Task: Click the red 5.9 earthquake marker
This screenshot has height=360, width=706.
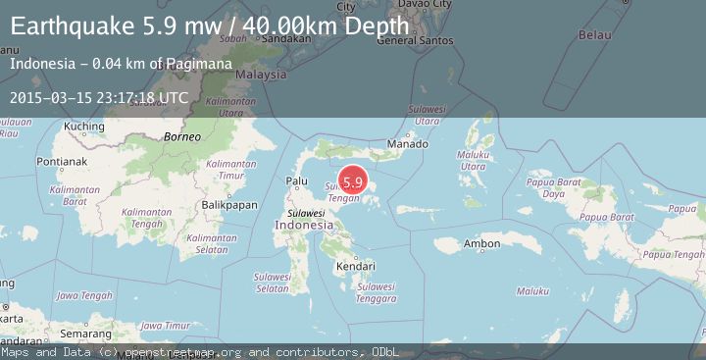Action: point(353,181)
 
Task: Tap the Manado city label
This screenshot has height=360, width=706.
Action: point(408,144)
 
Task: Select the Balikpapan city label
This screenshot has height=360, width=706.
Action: point(228,204)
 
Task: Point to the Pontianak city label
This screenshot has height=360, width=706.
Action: point(61,161)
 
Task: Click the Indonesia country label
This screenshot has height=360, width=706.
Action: point(304,226)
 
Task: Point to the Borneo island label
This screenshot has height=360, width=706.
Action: point(182,136)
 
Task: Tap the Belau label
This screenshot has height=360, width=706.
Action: point(595,35)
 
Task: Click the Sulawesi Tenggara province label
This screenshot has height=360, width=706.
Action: point(377,292)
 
